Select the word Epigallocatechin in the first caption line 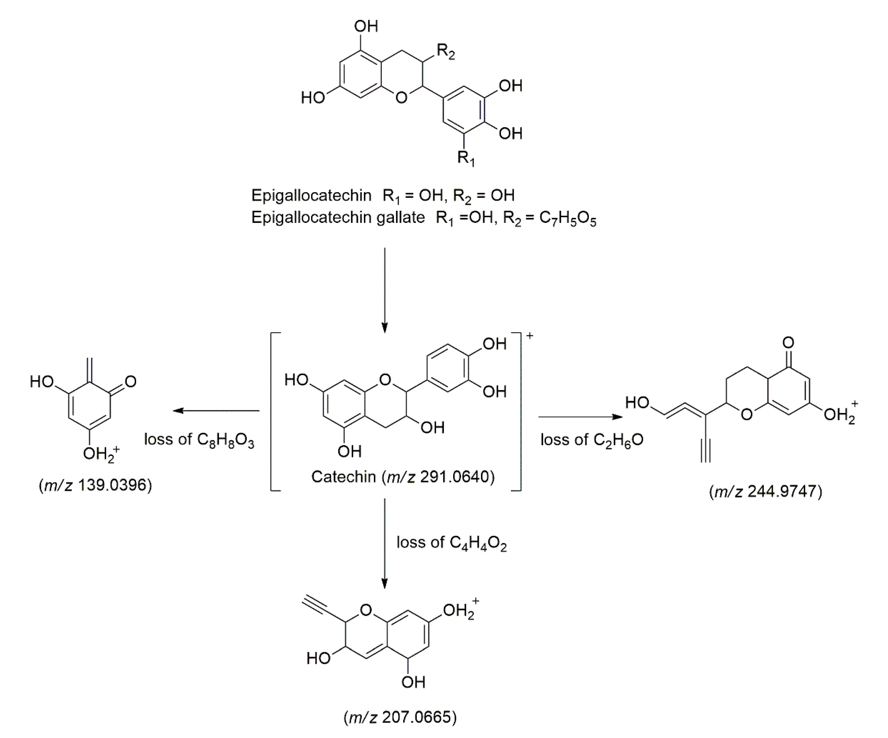(x=311, y=195)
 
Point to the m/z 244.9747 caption (x=765, y=491)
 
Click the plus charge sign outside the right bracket (x=529, y=336)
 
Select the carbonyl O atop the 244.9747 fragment (x=788, y=343)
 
